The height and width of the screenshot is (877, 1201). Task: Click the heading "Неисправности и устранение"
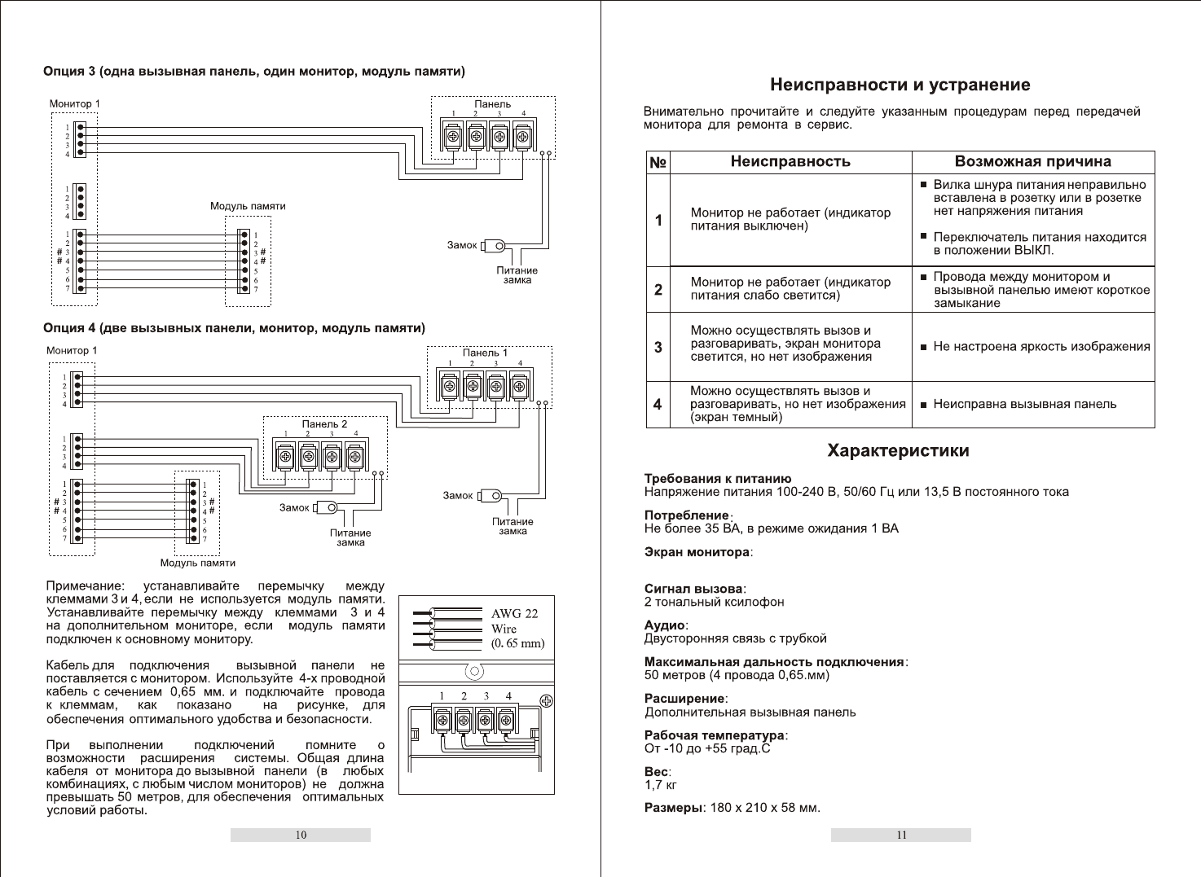(x=900, y=85)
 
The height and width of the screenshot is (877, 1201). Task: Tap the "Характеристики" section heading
(x=898, y=450)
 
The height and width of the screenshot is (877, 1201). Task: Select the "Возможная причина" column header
(x=1032, y=161)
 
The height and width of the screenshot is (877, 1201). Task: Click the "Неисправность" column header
(x=790, y=161)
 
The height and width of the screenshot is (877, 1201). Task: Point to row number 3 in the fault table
(x=658, y=347)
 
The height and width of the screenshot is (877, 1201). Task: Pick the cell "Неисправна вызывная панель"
(x=1024, y=404)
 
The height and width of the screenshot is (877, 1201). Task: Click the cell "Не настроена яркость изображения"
(x=1041, y=347)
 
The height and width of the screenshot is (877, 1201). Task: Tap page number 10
(x=301, y=835)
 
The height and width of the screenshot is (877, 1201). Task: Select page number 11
(x=901, y=835)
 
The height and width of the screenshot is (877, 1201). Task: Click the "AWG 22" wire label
(x=514, y=614)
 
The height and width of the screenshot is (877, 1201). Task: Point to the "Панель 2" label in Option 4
(x=324, y=424)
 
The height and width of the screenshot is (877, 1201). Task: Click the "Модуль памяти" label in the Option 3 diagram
(x=248, y=206)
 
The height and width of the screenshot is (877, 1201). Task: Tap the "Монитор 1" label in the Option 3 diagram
(x=74, y=104)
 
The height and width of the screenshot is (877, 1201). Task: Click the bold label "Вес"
(x=656, y=772)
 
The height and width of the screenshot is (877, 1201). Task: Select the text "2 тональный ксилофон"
(x=714, y=602)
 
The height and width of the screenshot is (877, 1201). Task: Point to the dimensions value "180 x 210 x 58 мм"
(x=765, y=808)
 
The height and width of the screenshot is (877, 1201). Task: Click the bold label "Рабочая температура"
(x=714, y=735)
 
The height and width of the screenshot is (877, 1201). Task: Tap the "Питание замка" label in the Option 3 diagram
(x=517, y=275)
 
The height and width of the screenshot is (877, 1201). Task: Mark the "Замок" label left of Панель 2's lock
(x=294, y=507)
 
